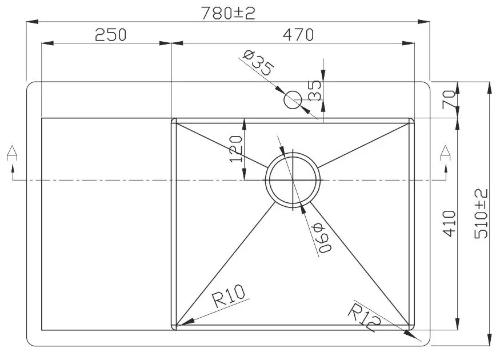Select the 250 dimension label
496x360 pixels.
coord(110,35)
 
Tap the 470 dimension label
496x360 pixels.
coord(297,35)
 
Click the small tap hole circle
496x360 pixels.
coord(293,100)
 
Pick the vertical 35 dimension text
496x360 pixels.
coord(315,90)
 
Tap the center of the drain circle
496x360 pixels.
coord(293,179)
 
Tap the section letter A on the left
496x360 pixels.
coord(11,153)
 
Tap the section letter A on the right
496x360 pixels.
coord(445,153)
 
